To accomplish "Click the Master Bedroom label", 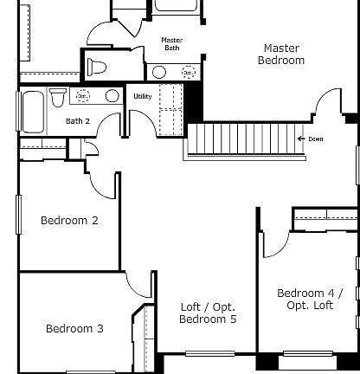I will pyautogui.click(x=281, y=55).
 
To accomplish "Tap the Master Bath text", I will pyautogui.click(x=171, y=43).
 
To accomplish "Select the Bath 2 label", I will pyautogui.click(x=78, y=121).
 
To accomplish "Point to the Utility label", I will pyautogui.click(x=142, y=96).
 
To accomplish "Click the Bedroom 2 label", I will pyautogui.click(x=69, y=221).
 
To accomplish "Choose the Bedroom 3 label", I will pyautogui.click(x=74, y=329).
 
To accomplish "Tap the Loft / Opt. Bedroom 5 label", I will pyautogui.click(x=207, y=313).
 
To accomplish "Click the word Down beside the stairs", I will pyautogui.click(x=316, y=139).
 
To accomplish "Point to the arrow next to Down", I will pyautogui.click(x=301, y=139).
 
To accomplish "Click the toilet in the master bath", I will pyautogui.click(x=98, y=67).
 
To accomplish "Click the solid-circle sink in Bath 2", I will pyautogui.click(x=112, y=96).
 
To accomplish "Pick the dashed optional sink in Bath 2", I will pyautogui.click(x=84, y=96).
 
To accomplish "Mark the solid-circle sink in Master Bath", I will pyautogui.click(x=159, y=72).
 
